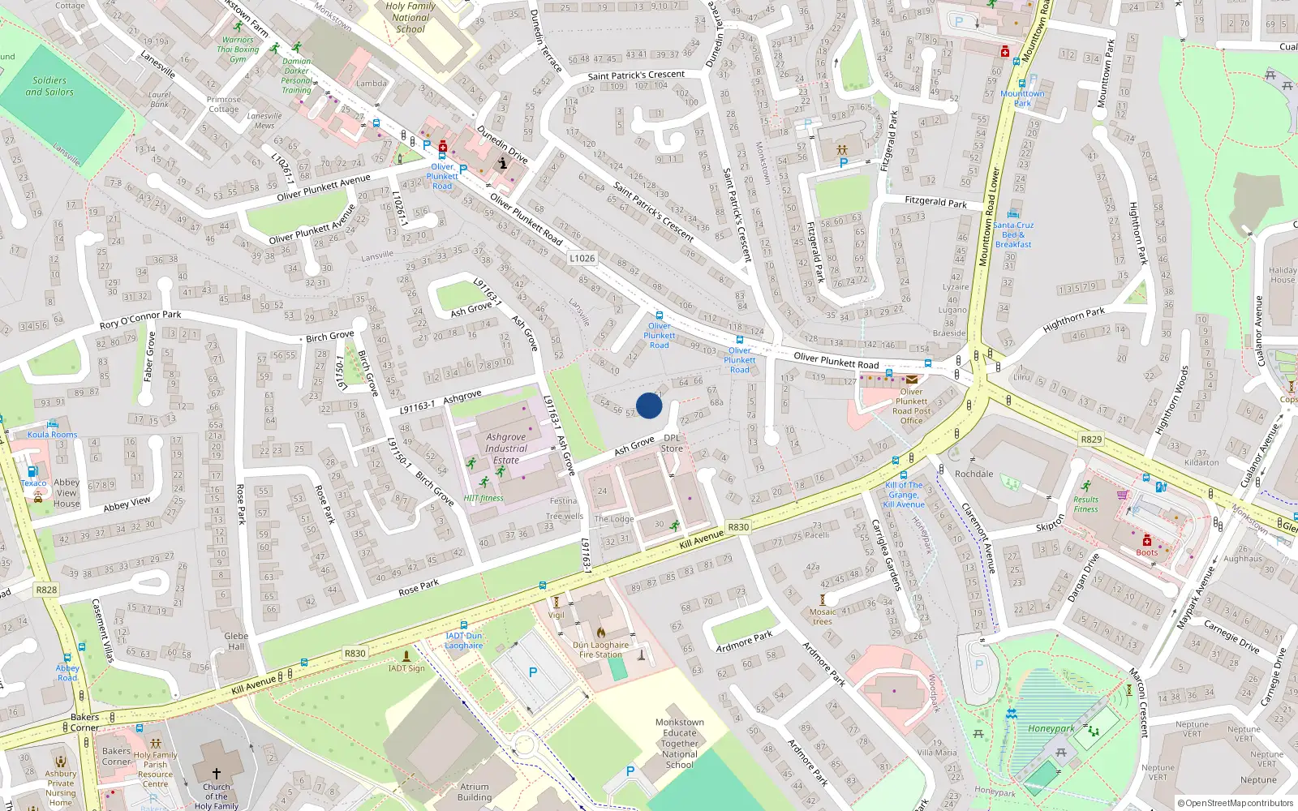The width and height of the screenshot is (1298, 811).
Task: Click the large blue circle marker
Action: click(x=649, y=405)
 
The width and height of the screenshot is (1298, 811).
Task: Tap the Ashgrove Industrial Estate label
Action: click(x=506, y=448)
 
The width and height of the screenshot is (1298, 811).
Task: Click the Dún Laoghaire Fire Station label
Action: click(x=600, y=650)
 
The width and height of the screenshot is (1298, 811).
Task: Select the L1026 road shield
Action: click(x=582, y=258)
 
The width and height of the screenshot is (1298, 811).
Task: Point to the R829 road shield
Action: click(x=1091, y=440)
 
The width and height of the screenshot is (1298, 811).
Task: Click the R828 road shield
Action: click(x=47, y=590)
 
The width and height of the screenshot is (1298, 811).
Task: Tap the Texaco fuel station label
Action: click(x=33, y=483)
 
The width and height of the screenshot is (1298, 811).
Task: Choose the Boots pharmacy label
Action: click(x=1146, y=552)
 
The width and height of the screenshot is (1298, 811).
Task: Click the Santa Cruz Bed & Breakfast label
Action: click(x=1013, y=234)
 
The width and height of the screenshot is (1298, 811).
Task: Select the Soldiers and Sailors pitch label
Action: click(x=49, y=86)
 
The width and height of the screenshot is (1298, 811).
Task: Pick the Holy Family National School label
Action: click(x=410, y=17)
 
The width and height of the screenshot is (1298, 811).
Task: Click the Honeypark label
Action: click(x=1051, y=728)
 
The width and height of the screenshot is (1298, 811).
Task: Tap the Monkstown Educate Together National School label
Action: click(x=679, y=743)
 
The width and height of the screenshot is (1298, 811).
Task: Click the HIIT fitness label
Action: click(x=484, y=498)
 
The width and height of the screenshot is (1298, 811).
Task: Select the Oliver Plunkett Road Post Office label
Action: click(x=911, y=405)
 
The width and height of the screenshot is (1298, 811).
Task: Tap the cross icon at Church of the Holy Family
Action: click(x=216, y=774)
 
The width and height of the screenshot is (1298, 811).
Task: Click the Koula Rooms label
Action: click(x=53, y=434)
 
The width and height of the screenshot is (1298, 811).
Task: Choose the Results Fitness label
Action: click(x=1085, y=504)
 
